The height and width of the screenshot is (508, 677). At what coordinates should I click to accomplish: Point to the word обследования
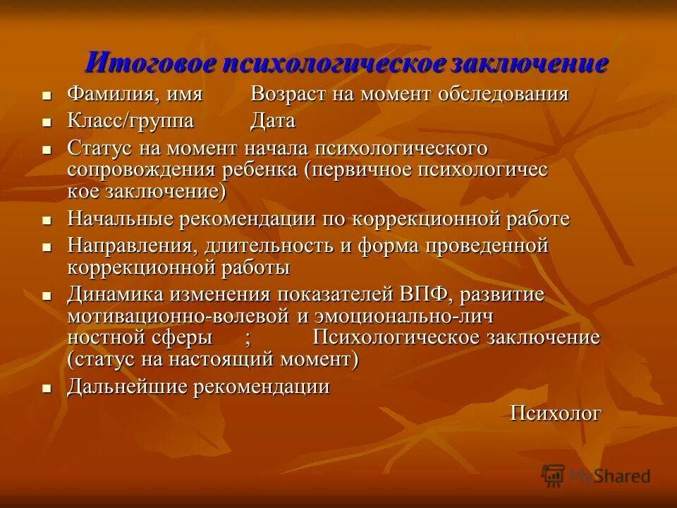pos(504,95)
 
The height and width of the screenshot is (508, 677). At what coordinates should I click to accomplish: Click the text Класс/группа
pos(130,121)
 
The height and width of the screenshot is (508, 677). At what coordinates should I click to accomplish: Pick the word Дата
pos(273,121)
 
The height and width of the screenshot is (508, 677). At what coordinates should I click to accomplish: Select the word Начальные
pos(121,219)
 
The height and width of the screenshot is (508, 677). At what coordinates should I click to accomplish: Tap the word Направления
pos(133,246)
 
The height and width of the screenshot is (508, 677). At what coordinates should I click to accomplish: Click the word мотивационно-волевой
pos(178,315)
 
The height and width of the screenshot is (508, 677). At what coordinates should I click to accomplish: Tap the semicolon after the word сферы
pos(248,338)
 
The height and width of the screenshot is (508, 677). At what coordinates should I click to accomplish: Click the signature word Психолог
pos(556,413)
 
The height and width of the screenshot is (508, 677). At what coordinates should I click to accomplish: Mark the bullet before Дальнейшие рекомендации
pos(47,389)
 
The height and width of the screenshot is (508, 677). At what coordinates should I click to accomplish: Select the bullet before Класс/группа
pos(47,123)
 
